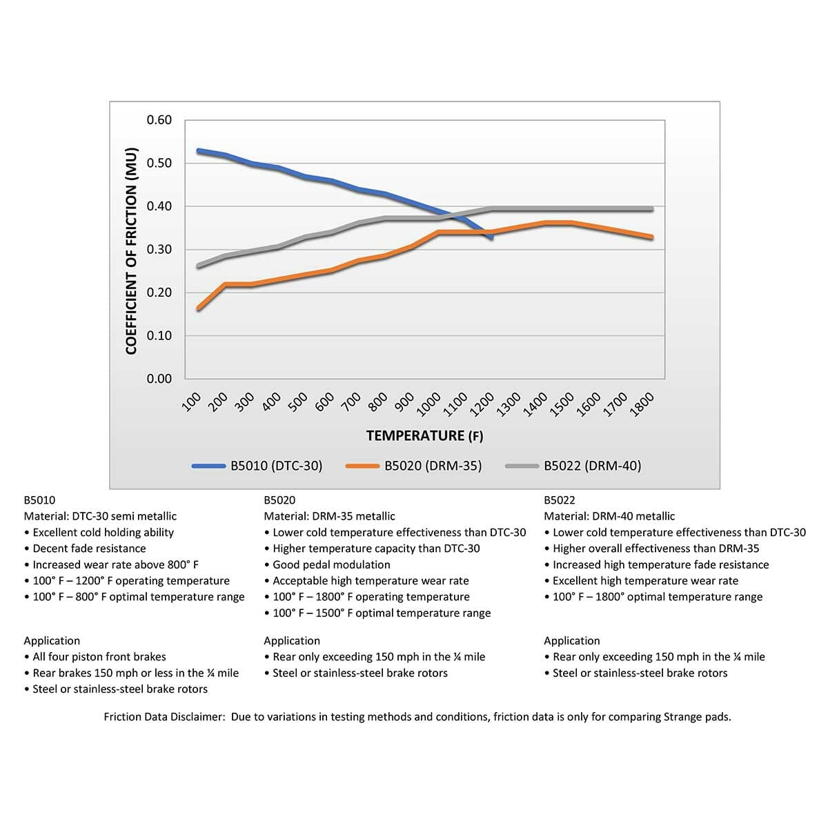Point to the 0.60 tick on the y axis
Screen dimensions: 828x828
[x=159, y=120]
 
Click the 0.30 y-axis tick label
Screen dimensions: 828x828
[x=159, y=249]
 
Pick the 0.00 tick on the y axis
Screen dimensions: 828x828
[x=159, y=378]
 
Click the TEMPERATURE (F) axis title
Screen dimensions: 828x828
[x=424, y=435]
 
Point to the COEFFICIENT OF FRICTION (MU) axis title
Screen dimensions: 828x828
[x=132, y=250]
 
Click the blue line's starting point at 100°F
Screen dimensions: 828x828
[x=199, y=150]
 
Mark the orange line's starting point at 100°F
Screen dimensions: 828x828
[x=199, y=308]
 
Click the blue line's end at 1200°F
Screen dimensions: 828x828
[x=491, y=237]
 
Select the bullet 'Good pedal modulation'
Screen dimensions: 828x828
[x=331, y=564]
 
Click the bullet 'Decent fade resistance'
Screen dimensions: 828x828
[x=89, y=549]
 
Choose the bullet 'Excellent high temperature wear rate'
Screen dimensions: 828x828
[x=645, y=581]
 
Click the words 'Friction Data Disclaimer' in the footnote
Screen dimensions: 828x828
[x=164, y=717]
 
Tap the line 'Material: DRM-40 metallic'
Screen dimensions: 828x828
[x=609, y=516]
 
